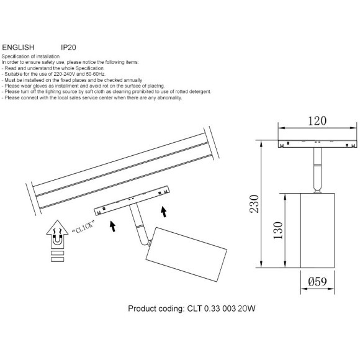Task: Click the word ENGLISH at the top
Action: pos(18,47)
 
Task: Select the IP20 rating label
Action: pos(68,47)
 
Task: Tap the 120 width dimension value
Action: pos(317,121)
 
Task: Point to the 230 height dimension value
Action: pos(254,204)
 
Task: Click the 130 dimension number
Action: pos(278,230)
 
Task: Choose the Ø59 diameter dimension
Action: pos(317,281)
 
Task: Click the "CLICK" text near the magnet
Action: pos(83,227)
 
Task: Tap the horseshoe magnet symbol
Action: pos(57,239)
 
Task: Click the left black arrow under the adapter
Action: pos(112,226)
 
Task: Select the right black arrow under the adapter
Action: pos(163,212)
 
